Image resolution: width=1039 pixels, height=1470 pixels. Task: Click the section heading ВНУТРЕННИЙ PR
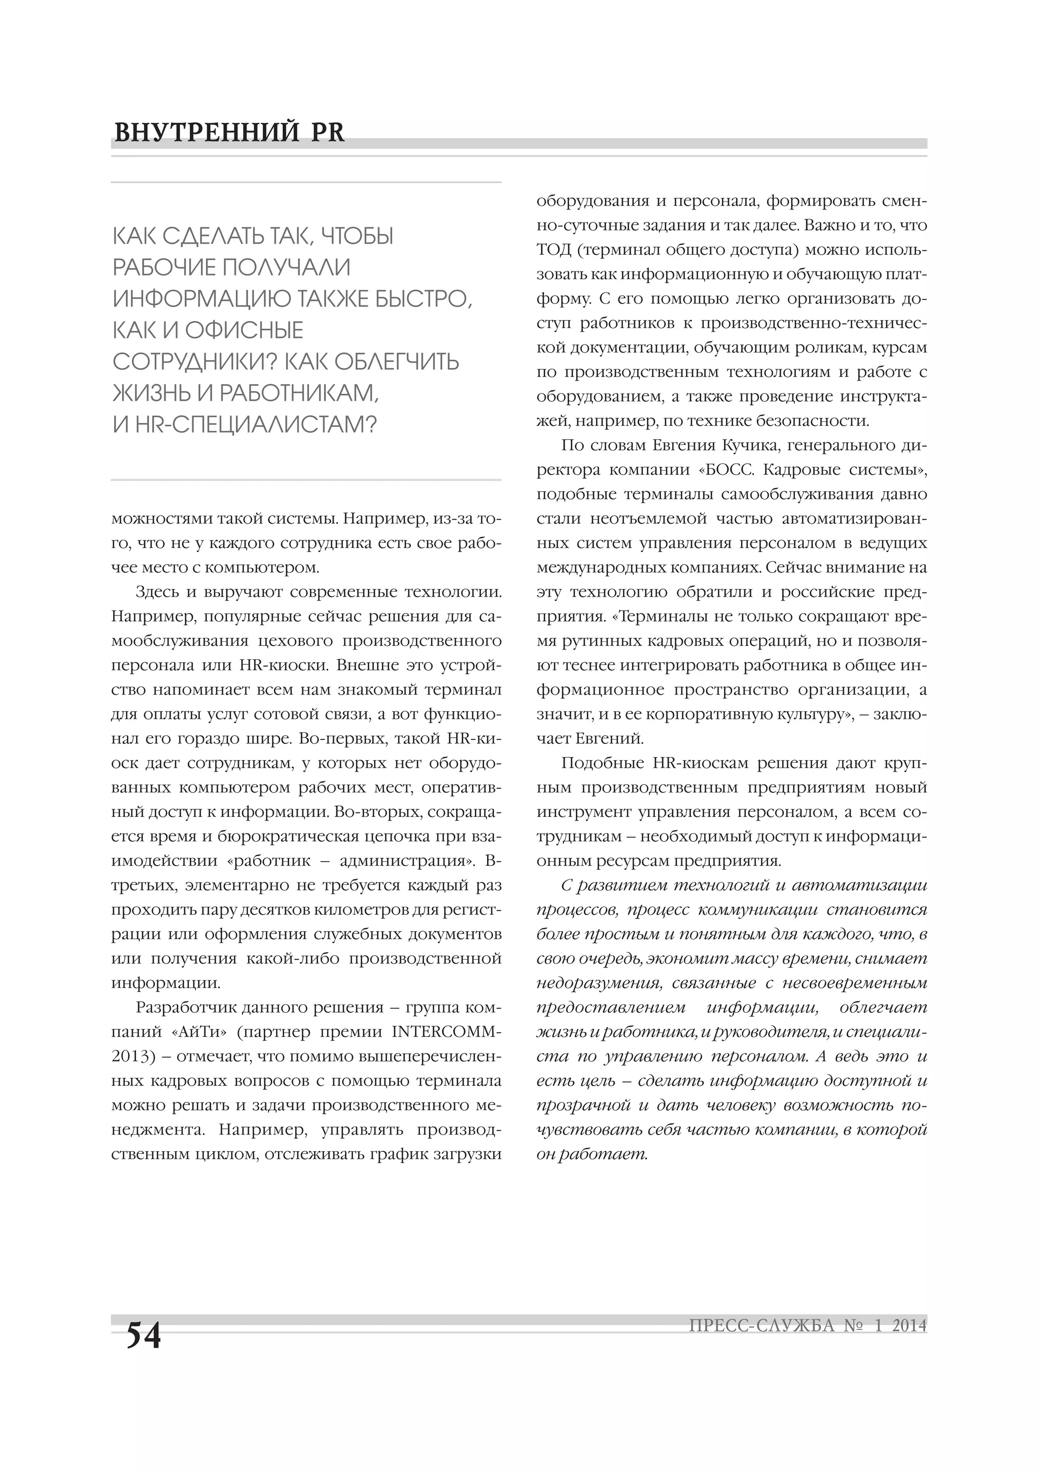229,132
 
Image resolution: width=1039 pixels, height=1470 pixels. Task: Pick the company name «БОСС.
727,469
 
